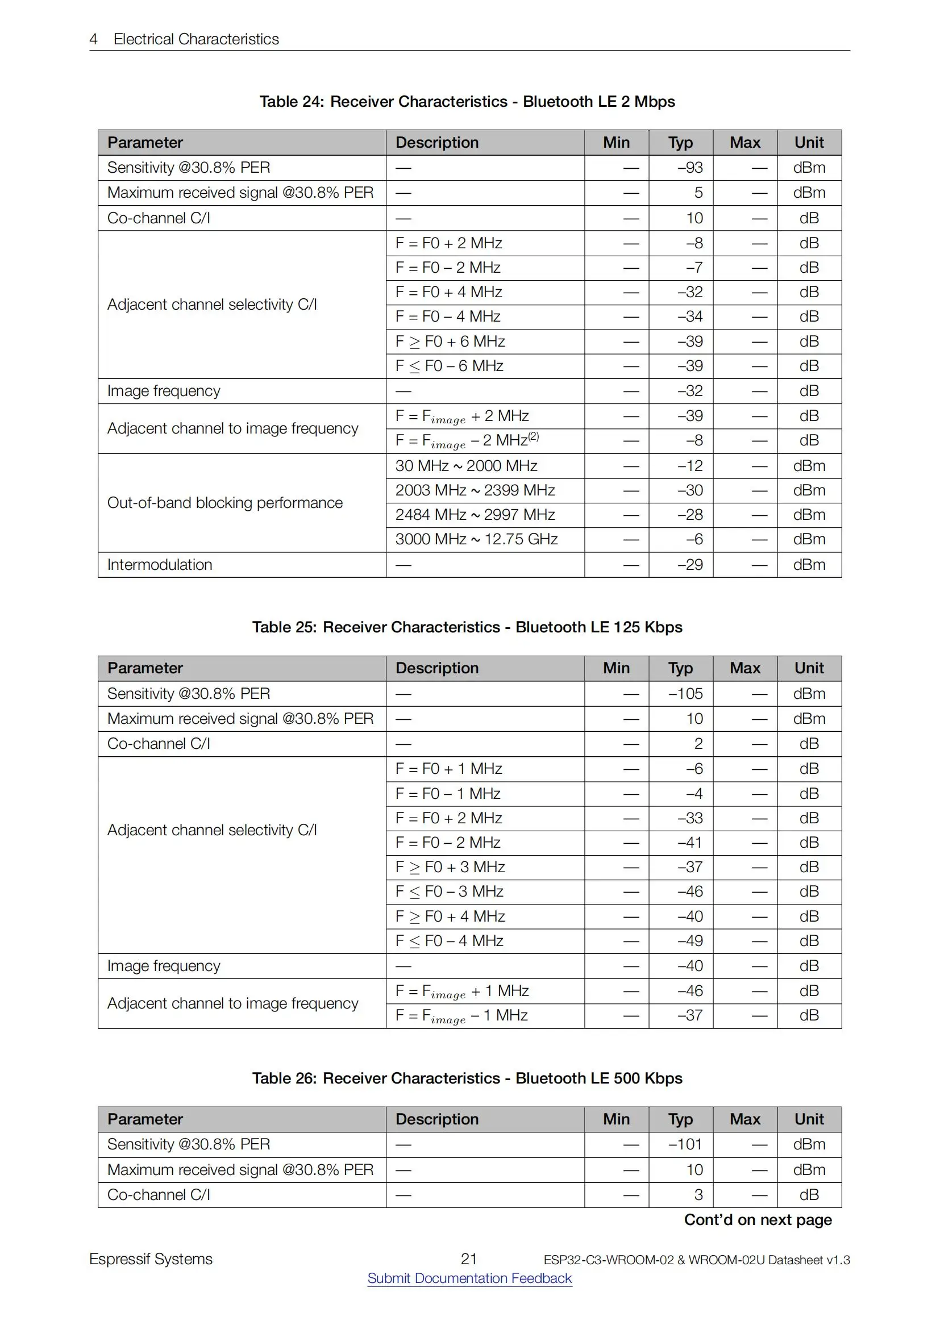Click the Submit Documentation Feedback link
469,1278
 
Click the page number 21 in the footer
468,1259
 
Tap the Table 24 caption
467,101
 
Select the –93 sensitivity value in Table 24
690,167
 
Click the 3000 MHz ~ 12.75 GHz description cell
476,539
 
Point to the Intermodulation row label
160,564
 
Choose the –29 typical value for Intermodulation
690,564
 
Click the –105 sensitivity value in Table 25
685,693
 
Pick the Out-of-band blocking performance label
224,502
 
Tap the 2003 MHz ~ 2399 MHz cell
475,490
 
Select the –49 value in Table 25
690,940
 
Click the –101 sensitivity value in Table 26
685,1144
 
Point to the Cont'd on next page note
758,1219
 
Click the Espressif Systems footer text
151,1259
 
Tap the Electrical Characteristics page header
196,39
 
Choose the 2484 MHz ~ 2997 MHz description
475,515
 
